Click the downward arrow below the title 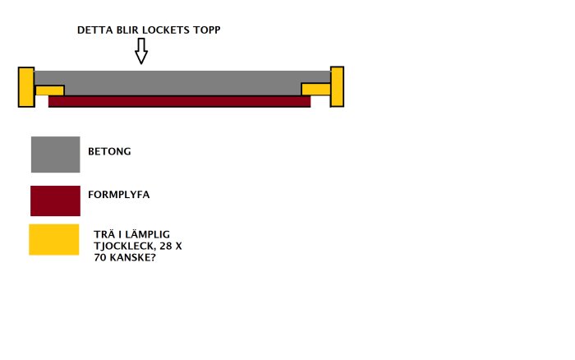(141, 52)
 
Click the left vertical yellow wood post (25, 86)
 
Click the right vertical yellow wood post (337, 86)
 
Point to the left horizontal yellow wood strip (49, 90)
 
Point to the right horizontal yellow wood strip (315, 89)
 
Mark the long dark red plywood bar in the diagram (179, 101)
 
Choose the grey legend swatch (55, 155)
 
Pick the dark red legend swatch (55, 201)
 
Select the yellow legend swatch (54, 239)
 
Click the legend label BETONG (110, 151)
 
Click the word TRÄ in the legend (105, 233)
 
